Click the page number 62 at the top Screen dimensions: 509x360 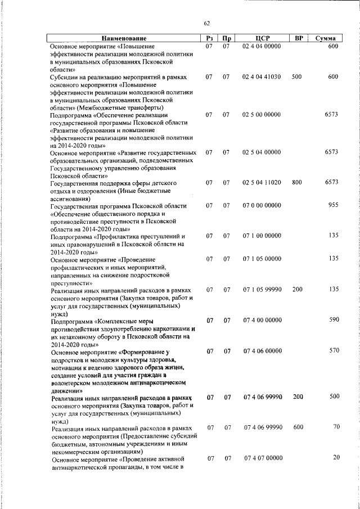pos(206,23)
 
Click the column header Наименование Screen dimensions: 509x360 pos(123,38)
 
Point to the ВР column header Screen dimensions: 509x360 pos(299,38)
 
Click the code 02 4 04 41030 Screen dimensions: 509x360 pos(262,76)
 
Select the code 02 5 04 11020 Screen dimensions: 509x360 pos(262,183)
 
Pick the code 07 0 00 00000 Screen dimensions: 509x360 pos(262,206)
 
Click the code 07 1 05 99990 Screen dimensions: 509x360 pos(262,290)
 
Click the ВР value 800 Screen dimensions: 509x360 pos(298,183)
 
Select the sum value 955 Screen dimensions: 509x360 pos(332,206)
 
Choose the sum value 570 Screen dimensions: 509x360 pos(332,351)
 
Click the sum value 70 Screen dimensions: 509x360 pos(336,427)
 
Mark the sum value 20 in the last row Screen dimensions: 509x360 pos(336,457)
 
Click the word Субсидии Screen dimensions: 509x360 pos(65,76)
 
